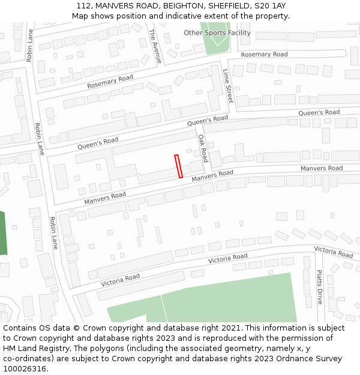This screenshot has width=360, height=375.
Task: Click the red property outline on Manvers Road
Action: click(x=178, y=166)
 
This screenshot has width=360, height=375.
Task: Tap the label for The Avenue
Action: click(x=155, y=46)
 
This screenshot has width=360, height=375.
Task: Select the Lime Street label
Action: click(x=227, y=86)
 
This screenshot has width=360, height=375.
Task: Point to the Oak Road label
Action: click(x=203, y=148)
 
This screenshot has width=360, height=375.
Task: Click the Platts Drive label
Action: click(x=320, y=287)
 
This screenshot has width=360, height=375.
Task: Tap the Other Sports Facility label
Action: click(x=217, y=33)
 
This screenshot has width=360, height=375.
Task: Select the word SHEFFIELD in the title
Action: click(x=228, y=6)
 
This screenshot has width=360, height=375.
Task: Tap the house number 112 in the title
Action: click(x=85, y=6)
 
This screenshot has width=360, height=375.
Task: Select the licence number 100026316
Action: click(x=25, y=369)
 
